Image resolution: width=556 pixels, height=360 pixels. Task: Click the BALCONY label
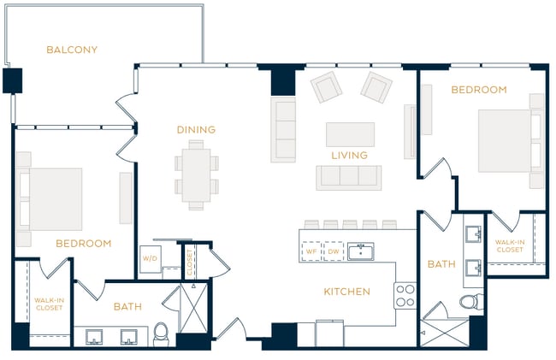pyautogui.click(x=72, y=50)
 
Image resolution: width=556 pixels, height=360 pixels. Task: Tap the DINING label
pyautogui.click(x=196, y=130)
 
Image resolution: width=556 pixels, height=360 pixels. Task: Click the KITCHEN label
pyautogui.click(x=346, y=292)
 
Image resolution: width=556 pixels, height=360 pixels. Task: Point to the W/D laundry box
pyautogui.click(x=150, y=258)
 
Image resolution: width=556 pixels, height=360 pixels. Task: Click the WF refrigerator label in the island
pyautogui.click(x=311, y=251)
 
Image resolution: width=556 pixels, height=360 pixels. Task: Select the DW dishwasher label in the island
pyautogui.click(x=333, y=251)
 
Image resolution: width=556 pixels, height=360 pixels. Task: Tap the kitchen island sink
pyautogui.click(x=361, y=251)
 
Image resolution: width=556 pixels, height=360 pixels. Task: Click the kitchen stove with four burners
pyautogui.click(x=405, y=296)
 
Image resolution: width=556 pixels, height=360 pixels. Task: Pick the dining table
pyautogui.click(x=196, y=174)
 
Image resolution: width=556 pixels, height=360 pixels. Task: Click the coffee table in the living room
pyautogui.click(x=350, y=134)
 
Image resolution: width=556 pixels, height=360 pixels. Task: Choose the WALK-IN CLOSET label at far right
pyautogui.click(x=510, y=245)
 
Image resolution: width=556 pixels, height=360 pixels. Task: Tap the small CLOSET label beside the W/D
pyautogui.click(x=189, y=262)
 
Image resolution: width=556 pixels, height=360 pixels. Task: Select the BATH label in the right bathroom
pyautogui.click(x=441, y=264)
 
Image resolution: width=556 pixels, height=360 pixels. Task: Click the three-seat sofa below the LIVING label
pyautogui.click(x=348, y=177)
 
